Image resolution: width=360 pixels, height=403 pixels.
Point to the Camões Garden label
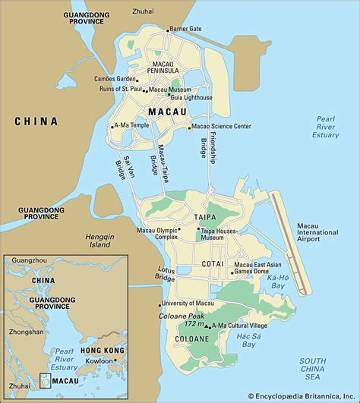[x=115, y=78]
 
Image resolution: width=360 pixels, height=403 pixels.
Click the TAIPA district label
[x=205, y=216]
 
